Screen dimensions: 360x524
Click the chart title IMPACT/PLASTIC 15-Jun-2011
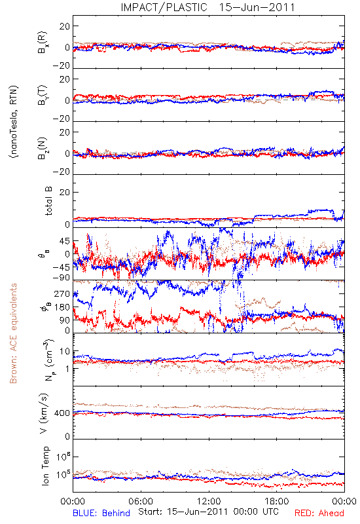207,7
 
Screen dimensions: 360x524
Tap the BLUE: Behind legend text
101,513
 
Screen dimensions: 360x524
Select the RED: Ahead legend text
319,513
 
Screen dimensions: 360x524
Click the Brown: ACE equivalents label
13,333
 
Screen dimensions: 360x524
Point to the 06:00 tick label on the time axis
141,501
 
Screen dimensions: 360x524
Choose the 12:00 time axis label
209,501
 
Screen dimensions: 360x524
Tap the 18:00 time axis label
277,501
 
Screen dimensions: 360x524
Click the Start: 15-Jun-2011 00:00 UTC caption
208,512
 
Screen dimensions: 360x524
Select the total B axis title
48,201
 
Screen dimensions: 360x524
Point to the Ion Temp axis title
45,466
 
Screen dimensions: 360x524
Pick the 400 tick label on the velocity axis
62,413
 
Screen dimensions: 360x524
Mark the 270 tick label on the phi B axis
62,294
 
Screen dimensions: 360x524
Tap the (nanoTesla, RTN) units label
14,122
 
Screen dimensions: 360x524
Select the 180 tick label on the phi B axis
62,307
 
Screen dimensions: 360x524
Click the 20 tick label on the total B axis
65,193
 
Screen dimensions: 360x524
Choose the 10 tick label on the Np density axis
65,352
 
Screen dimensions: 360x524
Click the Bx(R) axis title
43,43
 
